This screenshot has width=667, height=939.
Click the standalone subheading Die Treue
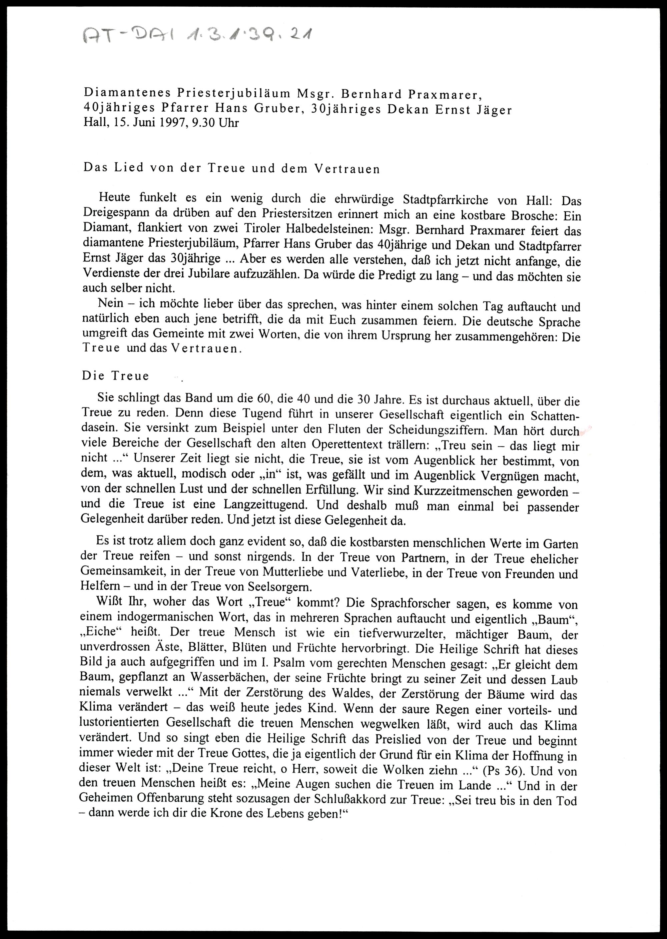[115, 376]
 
